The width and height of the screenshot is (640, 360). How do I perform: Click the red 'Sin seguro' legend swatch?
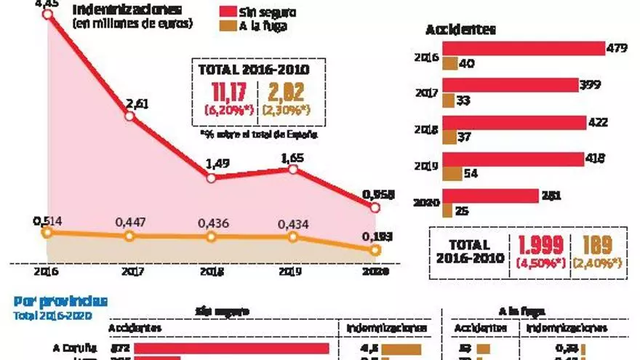tap(230, 12)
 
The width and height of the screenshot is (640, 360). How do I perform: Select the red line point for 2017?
tap(129, 116)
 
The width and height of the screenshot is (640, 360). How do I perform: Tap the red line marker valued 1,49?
tap(211, 177)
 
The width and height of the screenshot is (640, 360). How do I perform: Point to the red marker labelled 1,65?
tap(293, 169)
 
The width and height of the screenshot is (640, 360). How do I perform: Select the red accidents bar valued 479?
tap(524, 49)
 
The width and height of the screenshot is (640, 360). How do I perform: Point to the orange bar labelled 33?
tap(448, 100)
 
